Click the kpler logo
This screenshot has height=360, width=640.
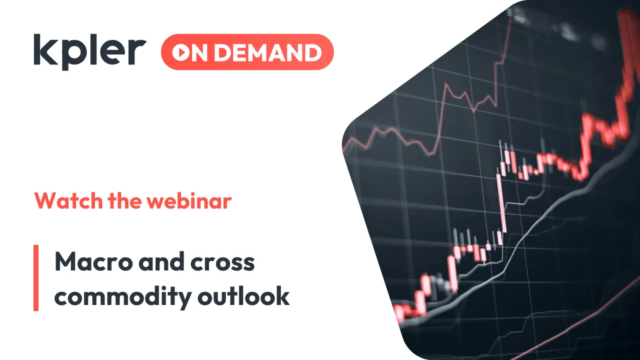tap(90, 51)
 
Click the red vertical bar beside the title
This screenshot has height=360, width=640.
tap(36, 278)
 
